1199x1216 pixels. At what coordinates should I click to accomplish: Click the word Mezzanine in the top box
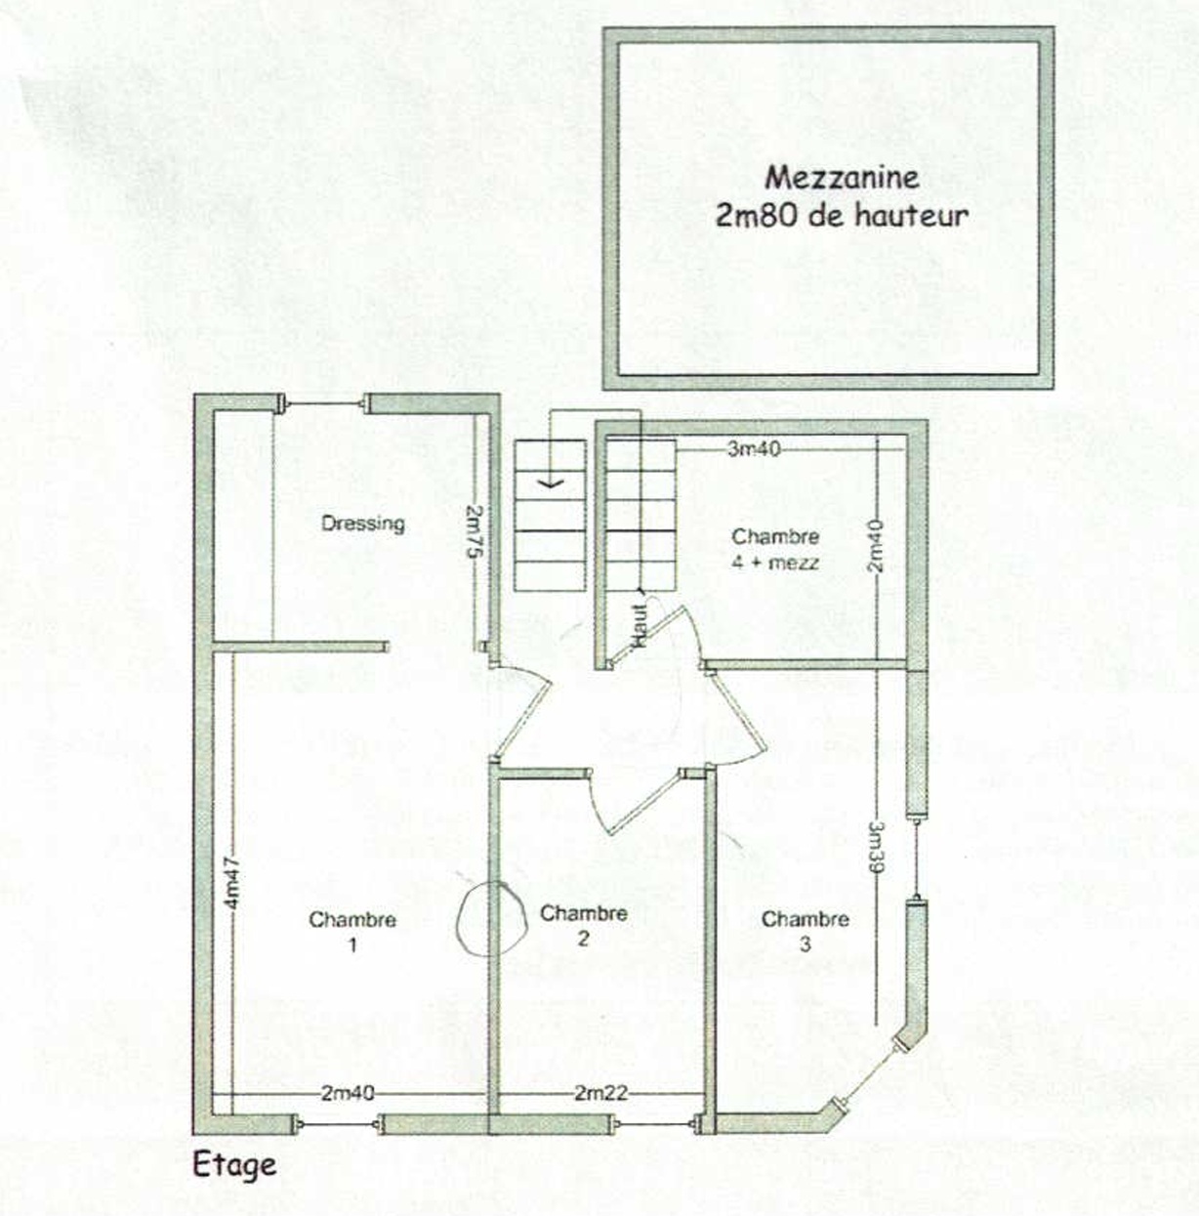point(842,178)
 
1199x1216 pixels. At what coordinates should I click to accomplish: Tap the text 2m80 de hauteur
point(842,216)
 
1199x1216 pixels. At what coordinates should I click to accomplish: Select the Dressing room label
point(363,524)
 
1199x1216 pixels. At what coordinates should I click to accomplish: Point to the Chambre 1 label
point(352,932)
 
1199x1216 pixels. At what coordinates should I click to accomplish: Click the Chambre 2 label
point(584,925)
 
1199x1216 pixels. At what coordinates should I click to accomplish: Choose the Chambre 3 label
point(806,931)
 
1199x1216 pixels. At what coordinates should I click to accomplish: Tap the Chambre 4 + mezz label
point(775,549)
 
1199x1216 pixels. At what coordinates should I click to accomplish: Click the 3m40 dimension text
point(754,449)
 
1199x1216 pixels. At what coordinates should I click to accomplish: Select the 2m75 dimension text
point(474,530)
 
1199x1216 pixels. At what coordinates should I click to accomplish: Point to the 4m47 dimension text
point(232,882)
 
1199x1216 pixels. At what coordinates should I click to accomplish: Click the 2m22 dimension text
point(600,1093)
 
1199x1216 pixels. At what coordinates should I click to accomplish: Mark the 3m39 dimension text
point(877,848)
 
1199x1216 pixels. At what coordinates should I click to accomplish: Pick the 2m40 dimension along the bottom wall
point(348,1093)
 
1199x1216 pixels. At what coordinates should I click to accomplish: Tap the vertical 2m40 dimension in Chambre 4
point(875,545)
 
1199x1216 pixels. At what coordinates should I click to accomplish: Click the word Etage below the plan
point(234,1165)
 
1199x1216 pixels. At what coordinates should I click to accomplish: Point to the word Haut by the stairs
point(640,626)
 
